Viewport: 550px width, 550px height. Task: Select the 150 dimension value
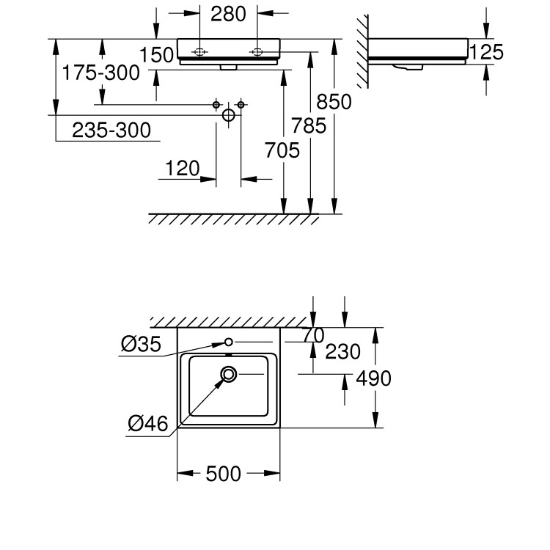point(158,55)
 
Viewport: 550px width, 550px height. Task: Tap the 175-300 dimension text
point(100,73)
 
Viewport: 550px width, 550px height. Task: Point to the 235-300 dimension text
point(111,130)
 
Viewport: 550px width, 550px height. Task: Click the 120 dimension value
point(182,169)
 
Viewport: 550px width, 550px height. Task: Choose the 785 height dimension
point(309,126)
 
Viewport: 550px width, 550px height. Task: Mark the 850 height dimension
point(334,101)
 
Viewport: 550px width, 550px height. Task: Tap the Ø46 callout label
point(148,423)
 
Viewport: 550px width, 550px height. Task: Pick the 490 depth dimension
point(373,378)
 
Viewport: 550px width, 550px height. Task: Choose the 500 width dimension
point(224,474)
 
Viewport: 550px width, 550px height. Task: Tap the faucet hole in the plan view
point(229,342)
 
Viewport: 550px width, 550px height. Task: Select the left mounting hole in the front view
point(200,51)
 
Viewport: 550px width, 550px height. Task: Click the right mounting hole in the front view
point(257,51)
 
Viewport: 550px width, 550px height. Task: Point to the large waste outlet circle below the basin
point(228,115)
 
